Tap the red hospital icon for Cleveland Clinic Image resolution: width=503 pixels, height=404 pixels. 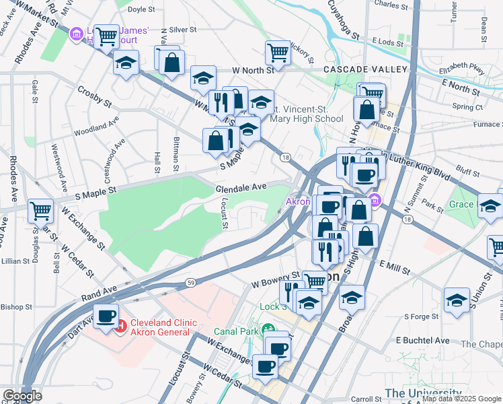point(122,329)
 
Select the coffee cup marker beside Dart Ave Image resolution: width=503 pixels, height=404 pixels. point(106,316)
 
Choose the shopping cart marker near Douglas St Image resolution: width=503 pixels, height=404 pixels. point(40,211)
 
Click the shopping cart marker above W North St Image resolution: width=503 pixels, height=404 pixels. point(277,52)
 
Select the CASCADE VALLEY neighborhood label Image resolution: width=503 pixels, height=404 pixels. point(365,69)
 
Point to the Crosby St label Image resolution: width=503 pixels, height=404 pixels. point(94,96)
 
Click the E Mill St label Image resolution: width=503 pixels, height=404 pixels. point(394,268)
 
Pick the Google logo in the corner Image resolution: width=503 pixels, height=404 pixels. point(22,395)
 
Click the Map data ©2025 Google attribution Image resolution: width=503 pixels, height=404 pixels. point(461,399)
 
